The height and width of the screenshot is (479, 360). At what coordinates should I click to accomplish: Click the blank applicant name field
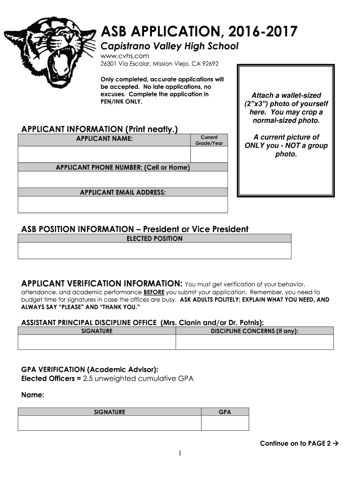coord(104,154)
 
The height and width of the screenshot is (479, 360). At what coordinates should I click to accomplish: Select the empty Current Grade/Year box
coord(209,154)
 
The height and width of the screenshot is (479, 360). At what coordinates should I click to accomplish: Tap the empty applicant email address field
coord(122,204)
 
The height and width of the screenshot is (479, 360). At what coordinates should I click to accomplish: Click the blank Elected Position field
coord(154,251)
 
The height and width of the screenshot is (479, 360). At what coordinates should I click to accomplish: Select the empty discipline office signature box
coord(97,342)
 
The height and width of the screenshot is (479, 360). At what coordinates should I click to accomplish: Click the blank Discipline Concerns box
coord(254,342)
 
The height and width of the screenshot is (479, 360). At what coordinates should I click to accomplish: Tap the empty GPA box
coord(225,423)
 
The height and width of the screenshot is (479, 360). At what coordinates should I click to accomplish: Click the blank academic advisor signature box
coord(109,423)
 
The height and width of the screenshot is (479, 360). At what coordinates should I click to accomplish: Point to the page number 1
coord(180,454)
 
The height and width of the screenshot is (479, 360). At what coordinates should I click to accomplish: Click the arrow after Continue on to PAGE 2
coord(335,443)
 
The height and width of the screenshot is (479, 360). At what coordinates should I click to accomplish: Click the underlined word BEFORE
coord(154,292)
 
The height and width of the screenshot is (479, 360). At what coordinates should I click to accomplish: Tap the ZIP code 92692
coord(209,64)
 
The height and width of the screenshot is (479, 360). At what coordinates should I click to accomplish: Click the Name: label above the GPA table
coord(33,396)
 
